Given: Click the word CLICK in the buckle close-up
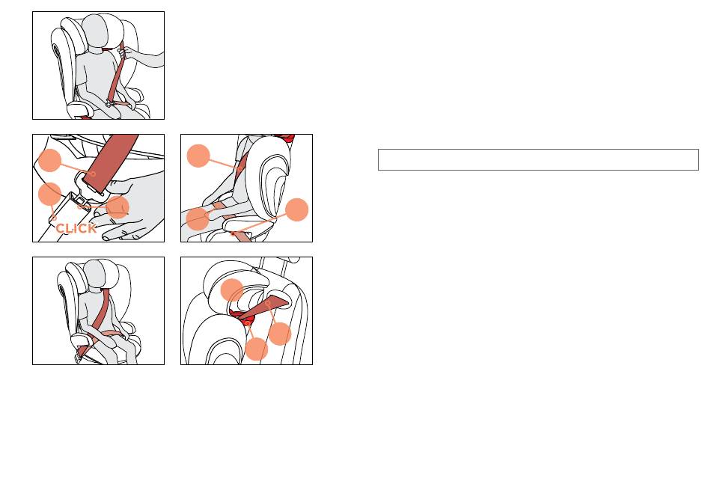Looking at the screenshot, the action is [76, 228].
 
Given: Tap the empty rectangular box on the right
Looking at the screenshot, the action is [538, 159].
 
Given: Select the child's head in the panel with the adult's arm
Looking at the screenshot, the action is [95, 31].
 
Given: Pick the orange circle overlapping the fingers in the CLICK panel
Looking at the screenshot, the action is [118, 207].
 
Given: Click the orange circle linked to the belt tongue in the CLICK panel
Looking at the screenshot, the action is [50, 160].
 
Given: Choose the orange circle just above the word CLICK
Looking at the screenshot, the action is [50, 194].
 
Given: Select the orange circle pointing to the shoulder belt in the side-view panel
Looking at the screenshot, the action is [198, 156].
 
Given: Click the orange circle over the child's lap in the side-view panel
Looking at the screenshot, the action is [198, 218].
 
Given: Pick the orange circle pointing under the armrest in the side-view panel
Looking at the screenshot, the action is [297, 209].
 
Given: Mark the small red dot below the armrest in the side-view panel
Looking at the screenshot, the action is [233, 234].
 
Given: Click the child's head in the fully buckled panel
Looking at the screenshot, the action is [95, 275].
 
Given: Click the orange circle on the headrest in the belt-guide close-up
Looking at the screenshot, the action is [232, 290].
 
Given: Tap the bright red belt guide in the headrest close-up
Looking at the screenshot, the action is [243, 318].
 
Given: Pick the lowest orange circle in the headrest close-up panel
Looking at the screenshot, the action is [257, 349].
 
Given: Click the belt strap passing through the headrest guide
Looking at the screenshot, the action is [264, 307].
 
